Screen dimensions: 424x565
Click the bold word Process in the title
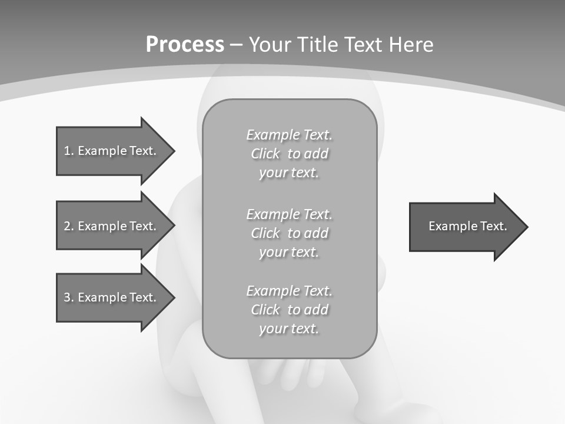point(185,45)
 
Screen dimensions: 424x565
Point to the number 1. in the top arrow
point(69,151)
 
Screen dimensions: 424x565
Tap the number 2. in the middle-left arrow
point(69,226)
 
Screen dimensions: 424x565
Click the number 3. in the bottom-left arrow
point(69,297)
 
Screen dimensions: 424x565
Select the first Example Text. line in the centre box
point(289,135)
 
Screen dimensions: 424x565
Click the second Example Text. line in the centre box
point(289,214)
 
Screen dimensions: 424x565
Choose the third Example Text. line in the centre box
point(289,291)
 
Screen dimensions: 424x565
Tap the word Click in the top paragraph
point(265,154)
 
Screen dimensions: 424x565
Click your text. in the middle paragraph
point(289,252)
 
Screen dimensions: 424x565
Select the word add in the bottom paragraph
point(316,310)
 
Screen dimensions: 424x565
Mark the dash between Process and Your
point(237,45)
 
